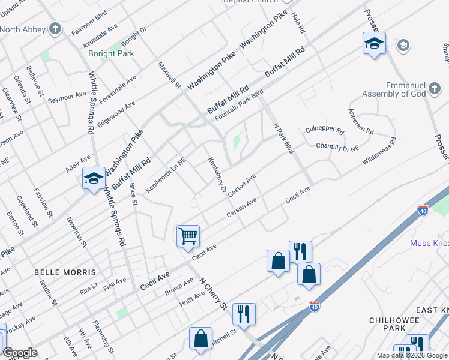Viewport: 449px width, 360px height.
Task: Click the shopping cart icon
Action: click(x=188, y=236)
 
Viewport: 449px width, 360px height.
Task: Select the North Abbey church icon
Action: click(x=55, y=28)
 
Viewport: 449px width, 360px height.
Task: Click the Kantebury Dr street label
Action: click(x=216, y=175)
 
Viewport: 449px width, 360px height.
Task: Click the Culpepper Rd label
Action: click(x=324, y=130)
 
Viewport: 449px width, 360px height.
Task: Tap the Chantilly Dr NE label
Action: click(x=337, y=146)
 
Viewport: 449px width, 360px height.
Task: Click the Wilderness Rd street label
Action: click(x=379, y=152)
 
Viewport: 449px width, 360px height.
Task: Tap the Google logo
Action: click(x=20, y=353)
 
